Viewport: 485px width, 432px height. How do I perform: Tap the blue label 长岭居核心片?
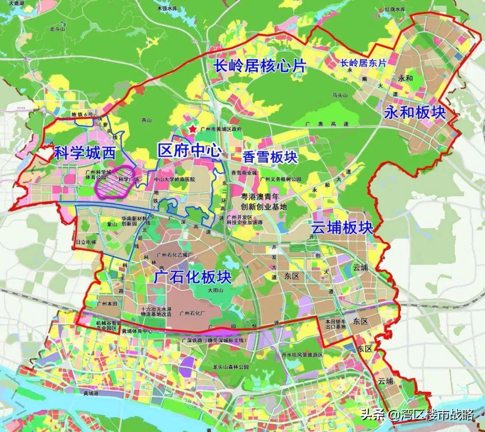tap(259, 66)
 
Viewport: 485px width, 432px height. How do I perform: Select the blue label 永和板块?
tap(415, 113)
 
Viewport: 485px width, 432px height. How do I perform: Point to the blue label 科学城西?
tap(84, 154)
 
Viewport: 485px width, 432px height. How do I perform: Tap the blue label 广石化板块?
tap(193, 277)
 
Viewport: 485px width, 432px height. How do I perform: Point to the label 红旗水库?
tap(396, 9)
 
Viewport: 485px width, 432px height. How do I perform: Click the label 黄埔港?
tap(92, 394)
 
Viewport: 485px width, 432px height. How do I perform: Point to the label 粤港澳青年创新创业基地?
tap(263, 202)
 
